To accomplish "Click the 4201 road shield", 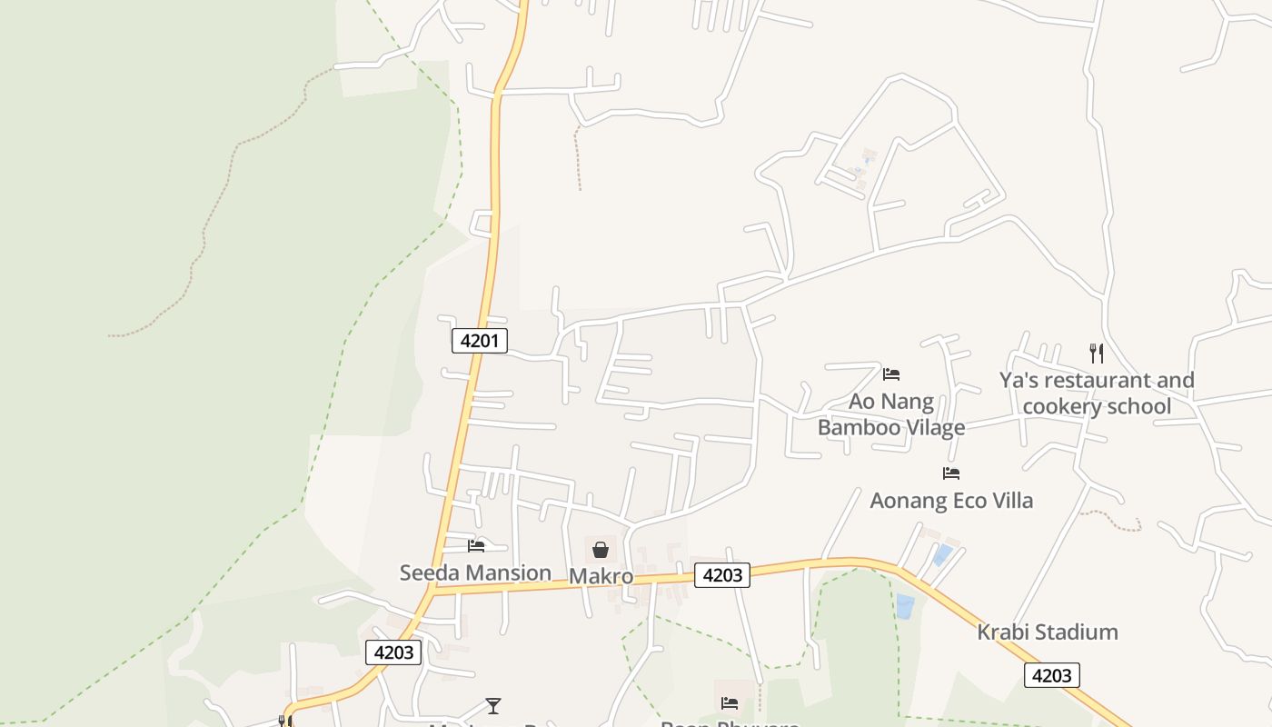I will point(479,341).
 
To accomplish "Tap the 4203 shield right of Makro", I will point(722,574).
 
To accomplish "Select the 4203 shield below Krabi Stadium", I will point(1051,675).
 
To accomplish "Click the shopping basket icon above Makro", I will point(600,550).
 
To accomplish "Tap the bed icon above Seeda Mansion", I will point(476,546).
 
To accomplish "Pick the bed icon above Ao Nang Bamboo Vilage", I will point(890,374).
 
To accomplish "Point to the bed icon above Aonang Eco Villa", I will point(951,473).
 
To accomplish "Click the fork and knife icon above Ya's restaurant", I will point(1097,353).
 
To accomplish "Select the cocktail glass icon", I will point(492,705).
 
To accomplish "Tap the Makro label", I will point(601,576).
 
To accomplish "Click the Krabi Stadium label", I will point(1047,632).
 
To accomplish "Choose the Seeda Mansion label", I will point(475,573).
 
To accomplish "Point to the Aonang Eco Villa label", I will point(951,500).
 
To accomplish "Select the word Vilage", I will point(935,427).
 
